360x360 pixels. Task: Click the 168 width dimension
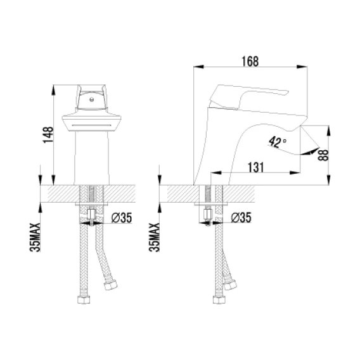(250, 61)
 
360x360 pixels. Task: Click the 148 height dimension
(48, 135)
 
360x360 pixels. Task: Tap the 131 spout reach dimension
(256, 167)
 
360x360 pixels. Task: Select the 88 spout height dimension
(323, 155)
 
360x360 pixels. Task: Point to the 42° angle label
(277, 142)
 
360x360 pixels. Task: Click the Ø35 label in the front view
(122, 217)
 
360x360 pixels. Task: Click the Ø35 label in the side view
(241, 217)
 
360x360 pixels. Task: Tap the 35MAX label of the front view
(35, 237)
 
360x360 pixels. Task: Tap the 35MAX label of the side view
(154, 237)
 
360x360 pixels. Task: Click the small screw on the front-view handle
(92, 100)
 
